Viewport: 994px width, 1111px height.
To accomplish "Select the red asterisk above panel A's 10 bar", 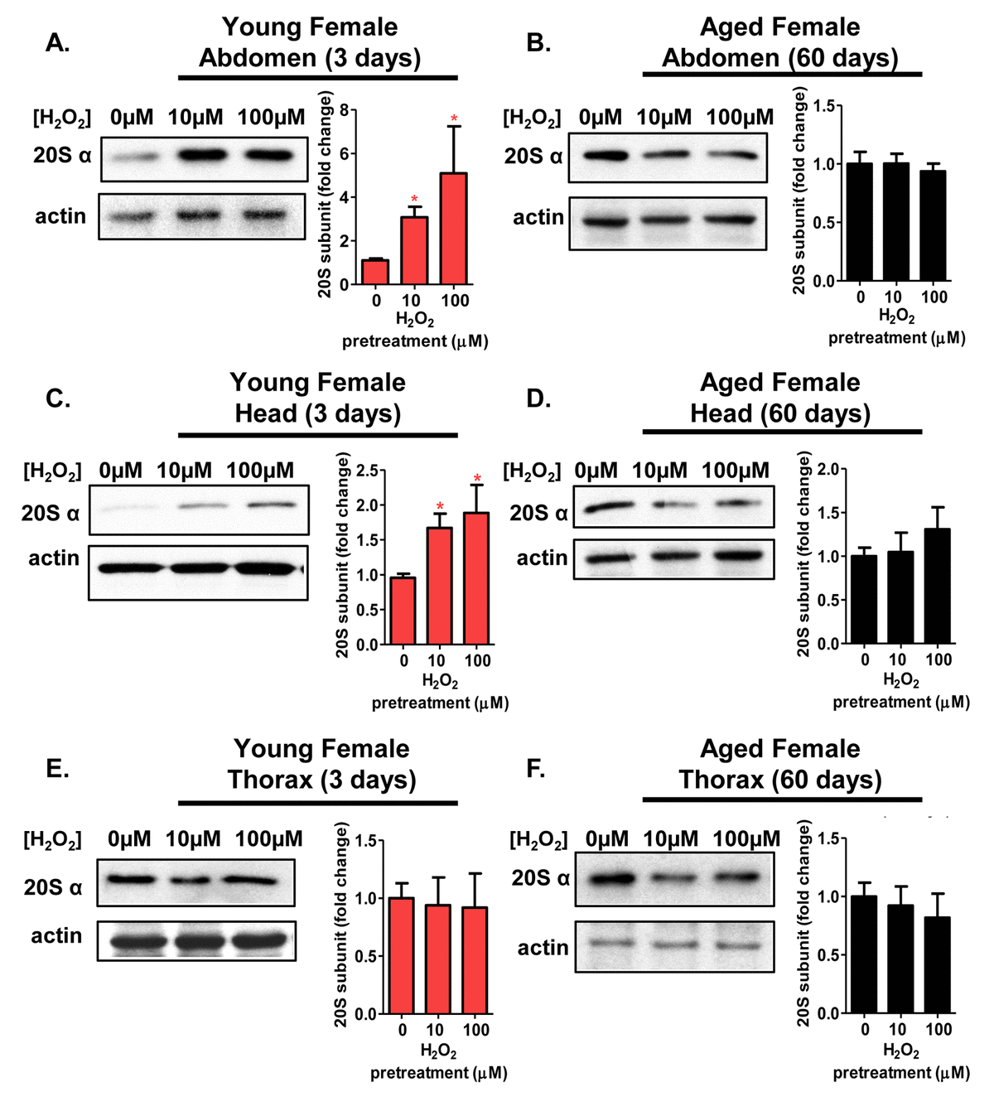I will (x=414, y=200).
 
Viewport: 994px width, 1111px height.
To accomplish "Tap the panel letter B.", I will (x=538, y=43).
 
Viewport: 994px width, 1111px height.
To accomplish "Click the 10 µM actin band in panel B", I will (x=664, y=220).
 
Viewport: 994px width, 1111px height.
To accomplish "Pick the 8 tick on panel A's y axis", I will (x=344, y=110).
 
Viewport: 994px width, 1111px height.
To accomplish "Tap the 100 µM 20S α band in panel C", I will (x=271, y=504).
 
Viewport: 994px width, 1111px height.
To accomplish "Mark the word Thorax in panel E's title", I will (x=270, y=780).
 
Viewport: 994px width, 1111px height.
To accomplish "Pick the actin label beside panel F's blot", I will (x=543, y=947).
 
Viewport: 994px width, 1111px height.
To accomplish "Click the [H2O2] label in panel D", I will (x=532, y=471).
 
